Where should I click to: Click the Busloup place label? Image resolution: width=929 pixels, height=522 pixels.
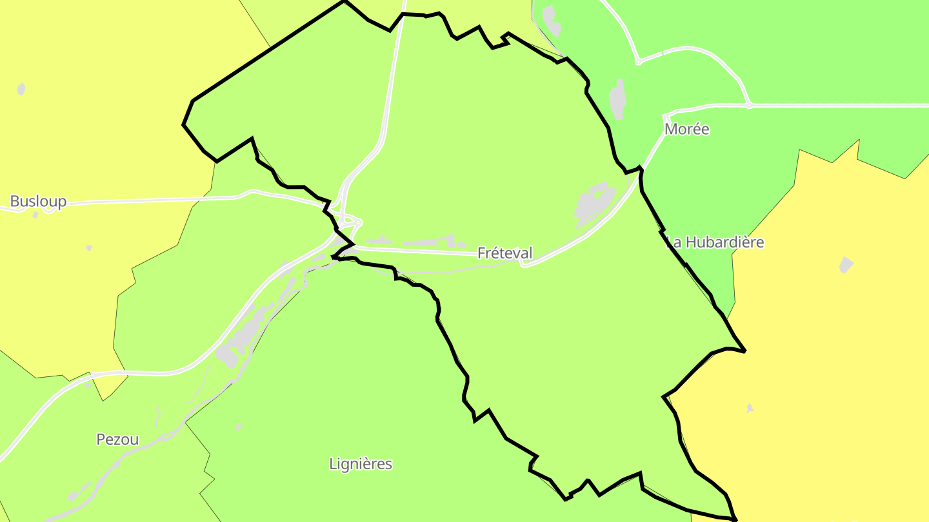point(38,202)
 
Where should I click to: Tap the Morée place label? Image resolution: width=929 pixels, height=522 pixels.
point(686,130)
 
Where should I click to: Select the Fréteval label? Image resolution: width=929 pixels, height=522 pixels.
point(504,253)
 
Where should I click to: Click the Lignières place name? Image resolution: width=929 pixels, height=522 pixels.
point(360,464)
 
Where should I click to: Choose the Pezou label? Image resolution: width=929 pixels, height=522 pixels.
point(117,440)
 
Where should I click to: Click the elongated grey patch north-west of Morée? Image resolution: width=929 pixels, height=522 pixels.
point(618,99)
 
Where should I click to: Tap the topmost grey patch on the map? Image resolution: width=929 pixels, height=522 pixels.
point(550,20)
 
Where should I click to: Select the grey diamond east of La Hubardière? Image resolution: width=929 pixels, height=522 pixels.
point(846,264)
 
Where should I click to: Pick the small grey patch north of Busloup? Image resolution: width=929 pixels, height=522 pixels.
point(21,89)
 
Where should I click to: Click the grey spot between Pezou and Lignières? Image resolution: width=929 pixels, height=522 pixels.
point(239,427)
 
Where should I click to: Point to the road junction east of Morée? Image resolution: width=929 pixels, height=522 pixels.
point(748,105)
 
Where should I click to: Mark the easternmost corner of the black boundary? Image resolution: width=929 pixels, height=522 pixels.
point(745,351)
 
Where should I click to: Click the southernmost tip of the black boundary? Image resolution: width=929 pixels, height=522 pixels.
point(735,519)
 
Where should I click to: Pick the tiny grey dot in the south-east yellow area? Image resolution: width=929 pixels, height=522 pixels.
point(749,408)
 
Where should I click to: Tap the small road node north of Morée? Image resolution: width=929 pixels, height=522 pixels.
point(638,62)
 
